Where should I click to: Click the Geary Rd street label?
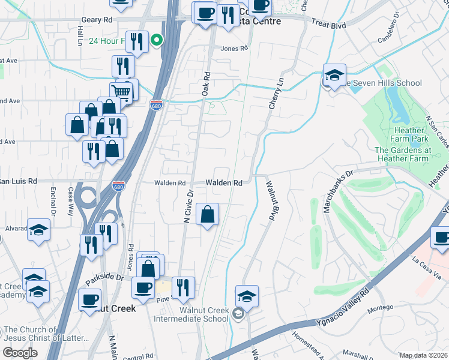[x=97, y=20]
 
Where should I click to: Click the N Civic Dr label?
[x=187, y=206]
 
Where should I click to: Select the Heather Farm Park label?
[x=411, y=134]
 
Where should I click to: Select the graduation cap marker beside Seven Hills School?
[x=334, y=76]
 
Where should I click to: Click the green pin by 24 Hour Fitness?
[x=157, y=41]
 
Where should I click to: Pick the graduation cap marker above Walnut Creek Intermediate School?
[x=247, y=296]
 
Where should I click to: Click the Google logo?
[x=20, y=353]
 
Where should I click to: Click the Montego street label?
[x=380, y=308]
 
